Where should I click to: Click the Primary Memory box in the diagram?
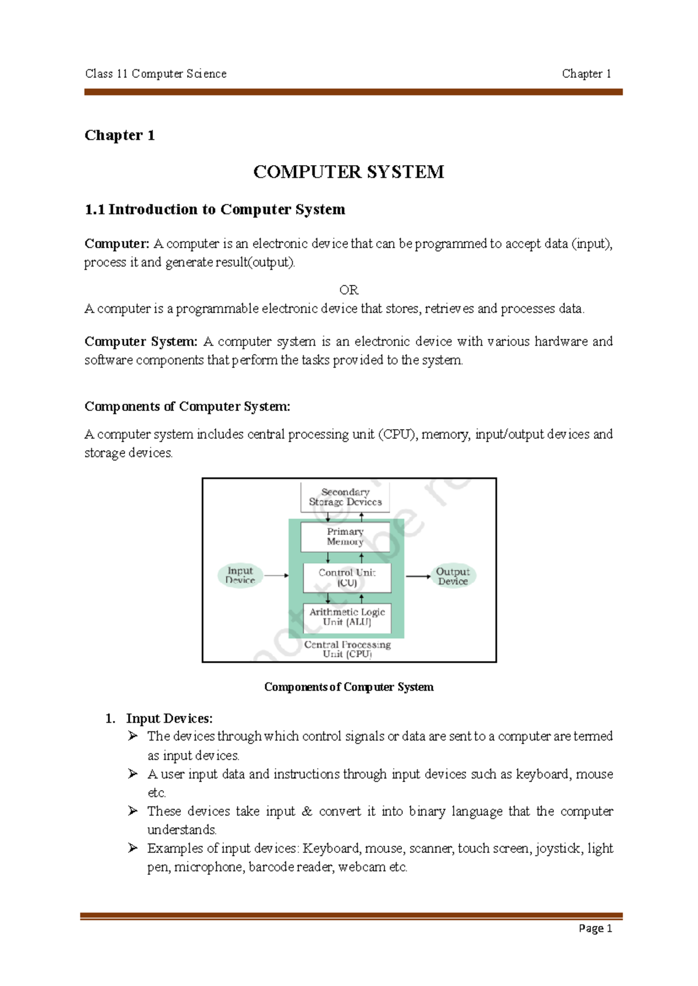[x=345, y=537]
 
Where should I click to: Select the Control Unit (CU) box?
[x=347, y=577]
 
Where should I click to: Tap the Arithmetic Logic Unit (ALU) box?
[x=347, y=617]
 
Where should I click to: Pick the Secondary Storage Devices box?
[x=345, y=497]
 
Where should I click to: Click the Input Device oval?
[x=240, y=576]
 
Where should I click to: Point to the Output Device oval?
[x=453, y=576]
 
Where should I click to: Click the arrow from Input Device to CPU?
[x=276, y=576]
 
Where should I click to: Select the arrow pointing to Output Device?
[x=418, y=576]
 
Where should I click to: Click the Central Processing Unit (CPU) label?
[x=347, y=649]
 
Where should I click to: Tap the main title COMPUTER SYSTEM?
[x=348, y=172]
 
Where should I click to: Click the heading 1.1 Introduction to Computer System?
[x=215, y=209]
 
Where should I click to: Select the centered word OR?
[x=348, y=290]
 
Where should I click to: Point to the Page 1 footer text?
[x=595, y=928]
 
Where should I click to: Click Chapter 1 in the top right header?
[x=586, y=74]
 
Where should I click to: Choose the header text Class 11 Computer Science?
[x=156, y=74]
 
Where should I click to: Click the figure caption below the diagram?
[x=348, y=687]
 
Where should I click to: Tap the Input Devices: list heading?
[x=169, y=719]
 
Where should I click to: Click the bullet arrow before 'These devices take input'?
[x=133, y=811]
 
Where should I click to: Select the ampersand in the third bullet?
[x=307, y=811]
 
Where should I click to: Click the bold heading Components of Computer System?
[x=187, y=406]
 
